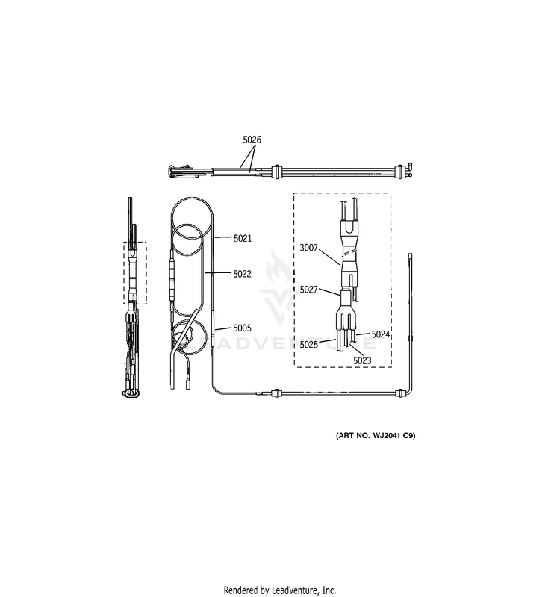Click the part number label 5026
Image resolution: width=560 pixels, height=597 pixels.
(252, 140)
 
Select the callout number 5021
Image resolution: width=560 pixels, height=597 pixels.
(242, 238)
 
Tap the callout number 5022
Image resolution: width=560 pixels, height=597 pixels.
(242, 274)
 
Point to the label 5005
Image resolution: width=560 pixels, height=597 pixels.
(242, 328)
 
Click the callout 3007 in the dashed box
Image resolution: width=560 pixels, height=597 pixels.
(308, 248)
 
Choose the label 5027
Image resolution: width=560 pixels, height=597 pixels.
(308, 290)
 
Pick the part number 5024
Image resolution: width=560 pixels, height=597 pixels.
(381, 334)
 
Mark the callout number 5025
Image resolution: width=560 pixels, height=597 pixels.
(308, 345)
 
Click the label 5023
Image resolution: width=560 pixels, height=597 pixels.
(362, 361)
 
